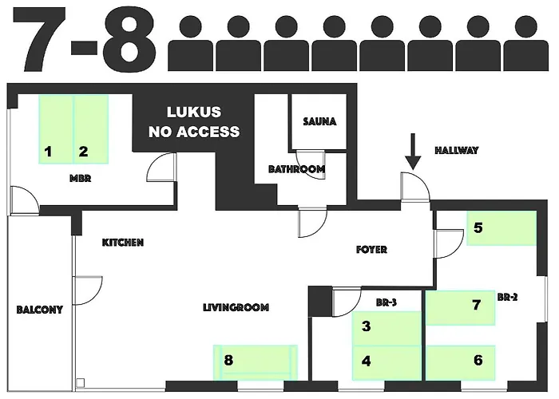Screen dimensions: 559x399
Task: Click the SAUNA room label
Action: click(319, 122)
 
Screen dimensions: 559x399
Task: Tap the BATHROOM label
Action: click(296, 169)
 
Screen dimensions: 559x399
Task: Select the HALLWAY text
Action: click(456, 150)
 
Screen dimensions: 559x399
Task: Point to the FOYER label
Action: click(371, 249)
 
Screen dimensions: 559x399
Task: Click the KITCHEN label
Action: click(123, 243)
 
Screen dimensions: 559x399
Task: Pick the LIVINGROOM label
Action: click(236, 307)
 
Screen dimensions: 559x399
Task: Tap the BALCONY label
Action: click(40, 310)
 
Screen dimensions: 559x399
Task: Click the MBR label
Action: click(80, 178)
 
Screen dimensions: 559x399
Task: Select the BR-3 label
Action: click(387, 302)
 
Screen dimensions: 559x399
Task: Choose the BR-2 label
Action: click(507, 297)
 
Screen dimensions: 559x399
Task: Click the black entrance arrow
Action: click(413, 151)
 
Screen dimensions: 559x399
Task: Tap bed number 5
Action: click(502, 228)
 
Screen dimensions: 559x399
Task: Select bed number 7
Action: click(461, 308)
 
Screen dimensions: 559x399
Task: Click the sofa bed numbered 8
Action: click(256, 362)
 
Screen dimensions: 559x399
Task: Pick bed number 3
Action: click(387, 329)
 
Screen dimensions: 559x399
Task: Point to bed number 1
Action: click(56, 129)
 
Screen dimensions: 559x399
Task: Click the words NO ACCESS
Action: click(194, 132)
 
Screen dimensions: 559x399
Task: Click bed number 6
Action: click(461, 362)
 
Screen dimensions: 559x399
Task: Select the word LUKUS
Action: click(194, 113)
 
